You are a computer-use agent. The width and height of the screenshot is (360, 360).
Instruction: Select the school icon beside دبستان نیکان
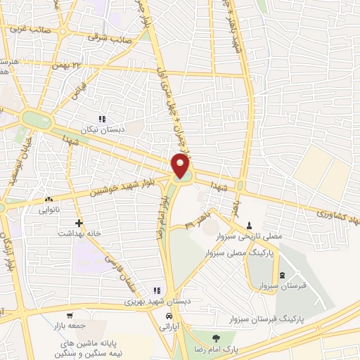point(102,119)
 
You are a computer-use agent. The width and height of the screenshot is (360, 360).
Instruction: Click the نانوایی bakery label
point(49,209)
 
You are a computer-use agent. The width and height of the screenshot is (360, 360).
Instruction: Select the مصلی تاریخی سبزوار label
point(250,236)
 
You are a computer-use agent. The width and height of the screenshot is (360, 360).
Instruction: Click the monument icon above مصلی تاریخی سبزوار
point(250,226)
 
